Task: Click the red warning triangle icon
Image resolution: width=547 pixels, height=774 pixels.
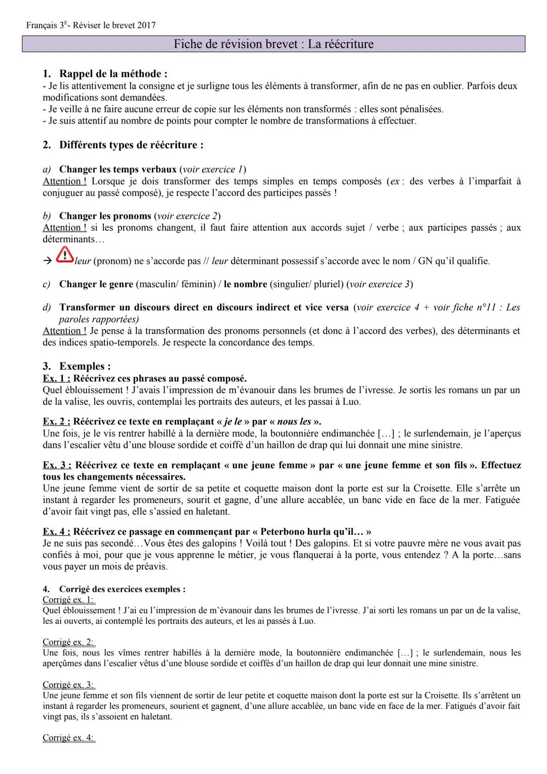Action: point(64,255)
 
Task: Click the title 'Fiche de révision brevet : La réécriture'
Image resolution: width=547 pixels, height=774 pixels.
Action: point(273,44)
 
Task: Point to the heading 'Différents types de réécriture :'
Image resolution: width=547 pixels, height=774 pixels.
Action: point(131,145)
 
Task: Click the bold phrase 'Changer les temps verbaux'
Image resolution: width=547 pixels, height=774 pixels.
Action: point(118,169)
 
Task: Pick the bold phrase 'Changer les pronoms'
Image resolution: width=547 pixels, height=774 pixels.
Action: point(105,216)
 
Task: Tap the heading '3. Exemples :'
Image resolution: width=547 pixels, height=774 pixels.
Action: point(77,366)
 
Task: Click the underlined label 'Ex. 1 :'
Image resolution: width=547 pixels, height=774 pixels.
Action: point(57,378)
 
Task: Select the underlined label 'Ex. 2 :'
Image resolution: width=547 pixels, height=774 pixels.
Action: point(57,421)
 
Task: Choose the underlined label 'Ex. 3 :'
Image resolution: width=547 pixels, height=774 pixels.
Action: point(57,465)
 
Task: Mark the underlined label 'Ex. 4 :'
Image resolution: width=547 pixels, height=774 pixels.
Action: point(57,532)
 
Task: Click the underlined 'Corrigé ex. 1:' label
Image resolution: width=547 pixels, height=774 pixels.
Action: point(68,600)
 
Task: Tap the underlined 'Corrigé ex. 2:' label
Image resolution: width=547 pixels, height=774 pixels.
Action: point(68,642)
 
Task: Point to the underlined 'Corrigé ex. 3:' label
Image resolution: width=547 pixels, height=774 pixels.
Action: point(68,685)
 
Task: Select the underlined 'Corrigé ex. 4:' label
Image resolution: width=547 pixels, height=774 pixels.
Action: point(68,738)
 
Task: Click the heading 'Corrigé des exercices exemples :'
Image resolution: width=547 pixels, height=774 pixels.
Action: point(122,589)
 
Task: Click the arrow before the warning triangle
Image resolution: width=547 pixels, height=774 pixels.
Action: point(47,261)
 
